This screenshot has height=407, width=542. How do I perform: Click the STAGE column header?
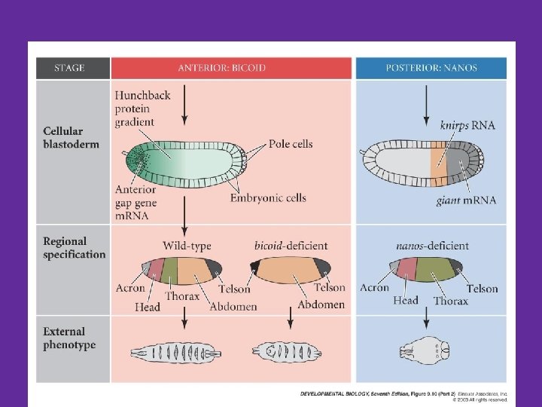(x=72, y=68)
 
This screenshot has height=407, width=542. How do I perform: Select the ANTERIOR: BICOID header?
(x=231, y=68)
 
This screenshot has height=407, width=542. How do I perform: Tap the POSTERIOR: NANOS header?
(x=431, y=68)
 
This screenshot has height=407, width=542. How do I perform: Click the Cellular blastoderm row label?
(x=71, y=137)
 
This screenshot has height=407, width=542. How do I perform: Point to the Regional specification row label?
(x=74, y=248)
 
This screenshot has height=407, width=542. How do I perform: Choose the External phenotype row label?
(x=69, y=338)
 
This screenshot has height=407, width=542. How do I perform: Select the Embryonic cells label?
(x=269, y=198)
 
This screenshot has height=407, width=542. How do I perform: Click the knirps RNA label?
(x=467, y=125)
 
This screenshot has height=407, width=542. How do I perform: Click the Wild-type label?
(x=187, y=246)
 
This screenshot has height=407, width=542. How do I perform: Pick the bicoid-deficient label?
(x=291, y=246)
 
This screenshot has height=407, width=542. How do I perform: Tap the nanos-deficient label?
(x=432, y=246)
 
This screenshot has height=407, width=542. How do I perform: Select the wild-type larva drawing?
(x=177, y=352)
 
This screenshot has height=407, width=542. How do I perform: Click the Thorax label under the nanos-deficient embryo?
(x=450, y=301)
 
